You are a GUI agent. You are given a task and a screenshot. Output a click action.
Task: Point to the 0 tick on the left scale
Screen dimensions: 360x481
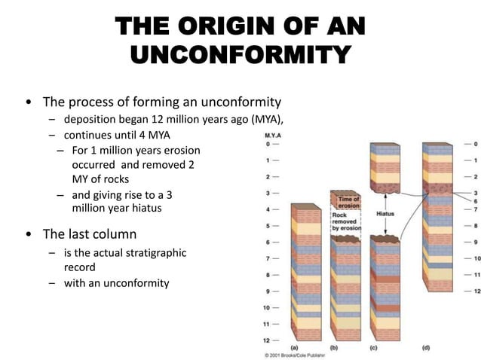coord(266,143)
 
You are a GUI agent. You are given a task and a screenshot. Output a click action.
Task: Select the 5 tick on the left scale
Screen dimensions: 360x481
coord(266,225)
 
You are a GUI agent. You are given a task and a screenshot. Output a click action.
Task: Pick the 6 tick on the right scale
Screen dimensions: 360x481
coord(475,201)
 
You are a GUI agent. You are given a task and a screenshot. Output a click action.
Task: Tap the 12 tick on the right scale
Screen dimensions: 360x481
coord(476,291)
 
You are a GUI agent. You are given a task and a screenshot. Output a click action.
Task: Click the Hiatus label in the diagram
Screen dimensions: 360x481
coord(386,213)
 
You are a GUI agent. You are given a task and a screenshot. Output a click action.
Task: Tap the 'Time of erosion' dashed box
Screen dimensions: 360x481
coord(349,201)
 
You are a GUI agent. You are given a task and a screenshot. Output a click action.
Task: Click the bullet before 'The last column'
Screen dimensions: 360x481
coord(29,233)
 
